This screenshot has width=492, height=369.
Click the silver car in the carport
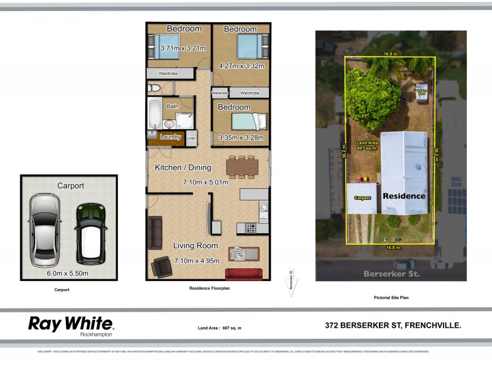[44, 228]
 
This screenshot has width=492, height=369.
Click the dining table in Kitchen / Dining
[240, 166]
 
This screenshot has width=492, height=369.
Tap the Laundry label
[170, 137]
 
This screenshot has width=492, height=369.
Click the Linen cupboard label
[191, 138]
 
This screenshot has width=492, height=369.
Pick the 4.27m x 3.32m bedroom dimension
[241, 66]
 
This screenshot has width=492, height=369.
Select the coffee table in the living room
[244, 253]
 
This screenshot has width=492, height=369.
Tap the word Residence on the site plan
[404, 196]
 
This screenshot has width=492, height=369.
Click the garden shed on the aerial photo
[422, 91]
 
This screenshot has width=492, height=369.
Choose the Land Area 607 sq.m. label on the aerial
[367, 146]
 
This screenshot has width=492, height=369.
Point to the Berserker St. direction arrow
[292, 284]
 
